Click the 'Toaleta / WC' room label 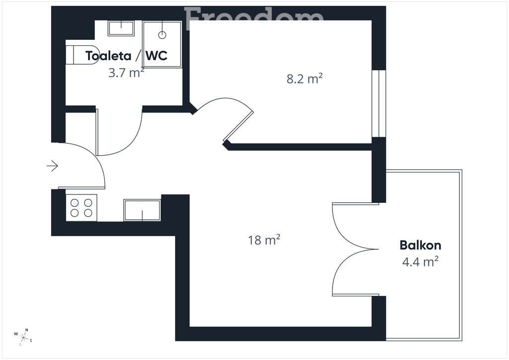pos(126,56)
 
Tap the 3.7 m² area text pos(126,73)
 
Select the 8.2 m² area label pos(305,79)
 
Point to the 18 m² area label pos(264,240)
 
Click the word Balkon pos(421,245)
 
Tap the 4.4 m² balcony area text pos(421,262)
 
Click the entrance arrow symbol pos(52,166)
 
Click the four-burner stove pos(82,208)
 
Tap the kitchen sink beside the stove pos(142,210)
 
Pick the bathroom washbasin pos(121,28)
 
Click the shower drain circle pos(162,35)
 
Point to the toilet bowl pos(82,55)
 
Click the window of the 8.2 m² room pos(379,103)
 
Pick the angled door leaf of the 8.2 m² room pos(239,126)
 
